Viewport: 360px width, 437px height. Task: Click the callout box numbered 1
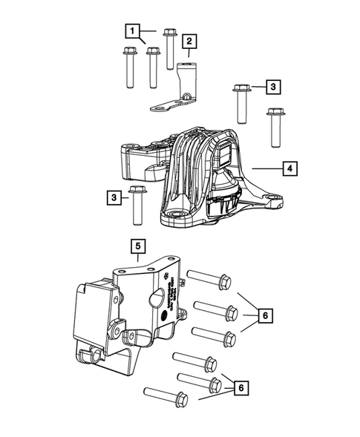tap(132, 31)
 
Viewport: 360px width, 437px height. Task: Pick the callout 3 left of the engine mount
tap(114, 197)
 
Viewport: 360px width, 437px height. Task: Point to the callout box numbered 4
tap(290, 169)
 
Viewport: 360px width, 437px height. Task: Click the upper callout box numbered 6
tap(264, 315)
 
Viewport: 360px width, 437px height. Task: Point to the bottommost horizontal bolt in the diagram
tap(167, 394)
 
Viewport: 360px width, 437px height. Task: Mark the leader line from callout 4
tap(266, 169)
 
